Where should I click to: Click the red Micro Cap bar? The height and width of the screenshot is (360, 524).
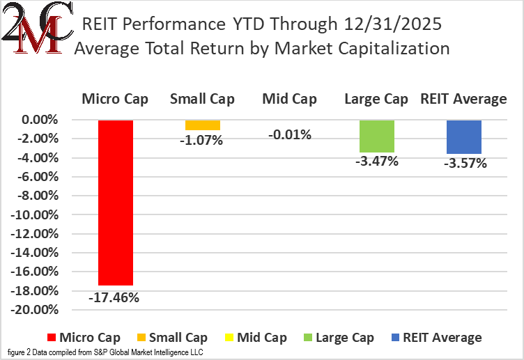115,203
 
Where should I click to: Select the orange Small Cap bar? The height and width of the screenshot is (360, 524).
203,125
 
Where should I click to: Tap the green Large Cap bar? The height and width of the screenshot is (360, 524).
377,136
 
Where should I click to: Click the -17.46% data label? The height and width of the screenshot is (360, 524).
114,297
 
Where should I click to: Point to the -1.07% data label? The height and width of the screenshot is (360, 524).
202,140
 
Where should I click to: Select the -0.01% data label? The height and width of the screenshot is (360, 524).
289,134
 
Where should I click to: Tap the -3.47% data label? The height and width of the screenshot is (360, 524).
377,162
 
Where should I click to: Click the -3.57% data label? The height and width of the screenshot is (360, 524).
464,164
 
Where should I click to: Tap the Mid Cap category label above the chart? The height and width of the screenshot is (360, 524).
289,99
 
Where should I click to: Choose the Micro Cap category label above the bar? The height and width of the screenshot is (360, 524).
115,99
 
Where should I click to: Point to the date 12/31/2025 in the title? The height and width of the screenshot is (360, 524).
392,24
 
